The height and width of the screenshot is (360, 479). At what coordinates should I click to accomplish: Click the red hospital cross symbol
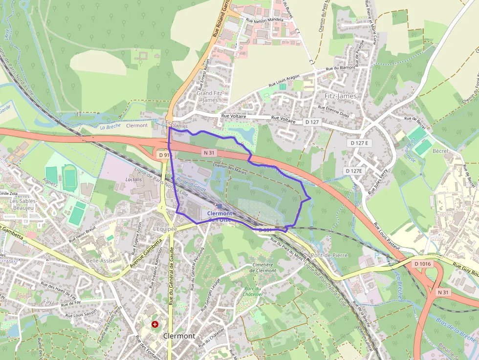pos(155,324)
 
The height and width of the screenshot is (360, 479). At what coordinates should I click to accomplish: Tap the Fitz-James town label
pos(341,96)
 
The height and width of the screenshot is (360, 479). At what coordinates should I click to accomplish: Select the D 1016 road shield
pos(422,264)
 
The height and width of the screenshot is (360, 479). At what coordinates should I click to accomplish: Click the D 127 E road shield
pos(361,143)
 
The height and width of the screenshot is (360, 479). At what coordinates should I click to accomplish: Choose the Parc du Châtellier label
pos(254,291)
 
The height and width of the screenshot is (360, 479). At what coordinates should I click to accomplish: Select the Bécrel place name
pos(440,151)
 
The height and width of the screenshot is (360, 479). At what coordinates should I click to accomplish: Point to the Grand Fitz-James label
pos(211,96)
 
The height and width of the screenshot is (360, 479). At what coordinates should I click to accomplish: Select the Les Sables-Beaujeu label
pos(22,204)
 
